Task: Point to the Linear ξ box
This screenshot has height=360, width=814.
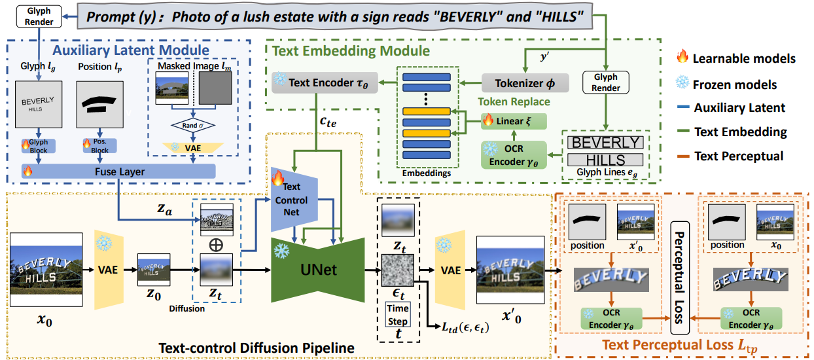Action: [514, 120]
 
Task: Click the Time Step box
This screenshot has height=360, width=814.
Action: [397, 314]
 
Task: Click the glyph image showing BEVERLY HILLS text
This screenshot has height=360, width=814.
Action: [39, 108]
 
